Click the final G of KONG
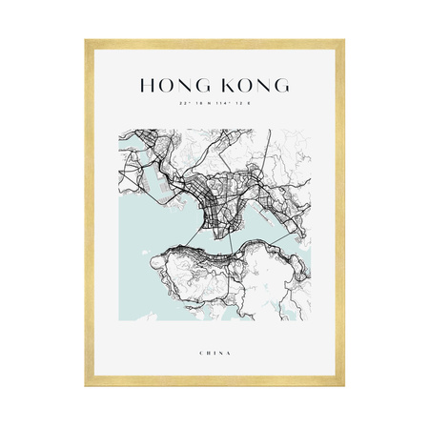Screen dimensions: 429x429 coord(280,85)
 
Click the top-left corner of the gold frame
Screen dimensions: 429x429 coord(87,41)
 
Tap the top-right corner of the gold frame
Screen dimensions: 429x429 coord(342,41)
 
